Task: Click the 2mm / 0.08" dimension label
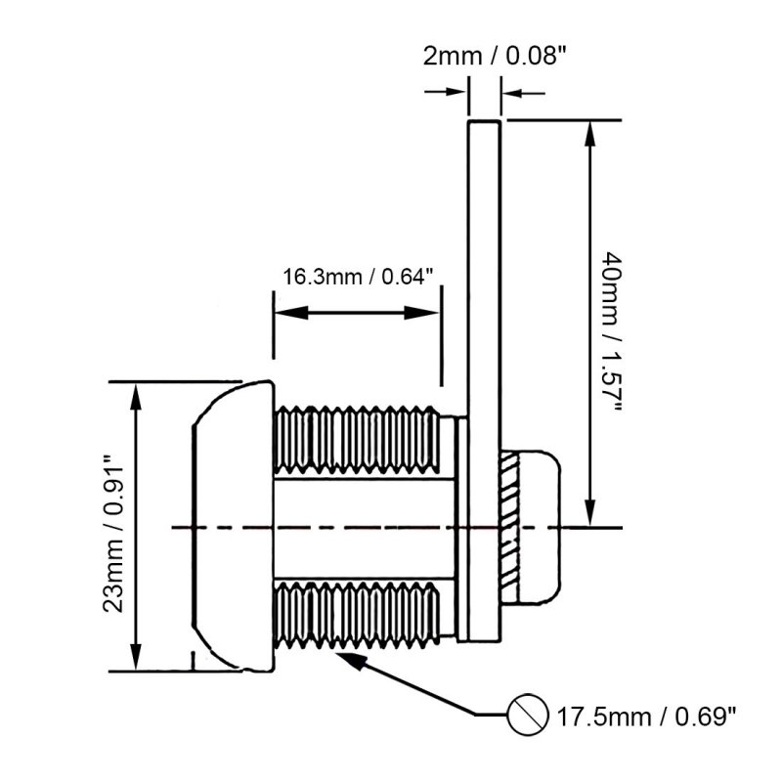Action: pos(495,56)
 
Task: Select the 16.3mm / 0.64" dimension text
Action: pos(358,277)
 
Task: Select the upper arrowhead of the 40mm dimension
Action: pos(589,131)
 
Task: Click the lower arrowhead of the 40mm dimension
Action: pos(589,515)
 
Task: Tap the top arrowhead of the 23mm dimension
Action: pos(136,392)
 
